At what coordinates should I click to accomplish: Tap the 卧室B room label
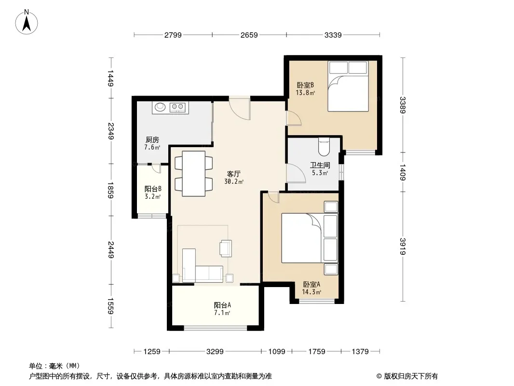tap(305, 85)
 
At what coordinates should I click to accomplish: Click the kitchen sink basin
tap(160, 107)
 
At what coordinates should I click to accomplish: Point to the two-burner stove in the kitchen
tap(178, 107)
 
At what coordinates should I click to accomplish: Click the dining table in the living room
tap(194, 174)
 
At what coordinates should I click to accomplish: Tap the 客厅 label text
tap(234, 174)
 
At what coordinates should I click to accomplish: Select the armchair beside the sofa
tap(226, 248)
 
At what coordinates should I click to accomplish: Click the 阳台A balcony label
tap(222, 305)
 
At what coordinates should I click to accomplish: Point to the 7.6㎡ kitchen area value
tap(152, 147)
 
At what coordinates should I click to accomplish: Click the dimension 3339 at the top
tap(333, 35)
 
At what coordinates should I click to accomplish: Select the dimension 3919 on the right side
tap(403, 246)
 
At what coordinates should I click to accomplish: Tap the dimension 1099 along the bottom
tap(277, 352)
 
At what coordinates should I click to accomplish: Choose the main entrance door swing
tap(240, 109)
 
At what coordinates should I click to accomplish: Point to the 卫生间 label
tap(320, 165)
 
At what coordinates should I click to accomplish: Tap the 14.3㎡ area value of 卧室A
tap(311, 292)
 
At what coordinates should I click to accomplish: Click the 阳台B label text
tap(153, 189)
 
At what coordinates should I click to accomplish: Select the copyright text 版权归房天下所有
tap(411, 376)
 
